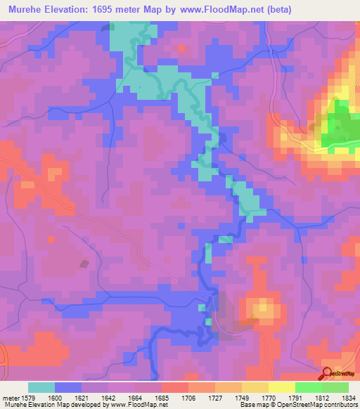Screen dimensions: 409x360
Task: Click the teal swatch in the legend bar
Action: point(41,387)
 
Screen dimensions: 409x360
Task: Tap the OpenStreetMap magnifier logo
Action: point(327,372)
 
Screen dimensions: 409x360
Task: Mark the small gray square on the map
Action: point(85,264)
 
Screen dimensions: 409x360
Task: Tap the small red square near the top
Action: point(181,48)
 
